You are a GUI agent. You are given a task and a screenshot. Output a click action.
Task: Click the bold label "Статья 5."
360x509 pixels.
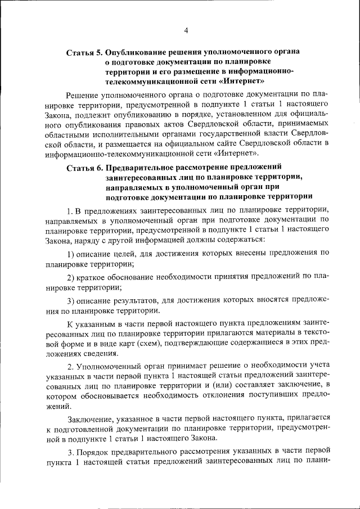coord(84,52)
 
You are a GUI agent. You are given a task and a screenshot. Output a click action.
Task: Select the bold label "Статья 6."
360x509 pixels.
coord(84,167)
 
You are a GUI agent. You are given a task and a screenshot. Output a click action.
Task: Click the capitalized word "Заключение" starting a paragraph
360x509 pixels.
coord(90,419)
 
